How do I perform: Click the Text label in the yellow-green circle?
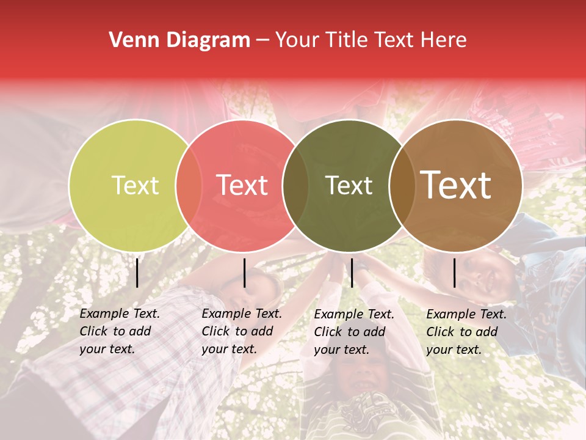pyautogui.click(x=135, y=185)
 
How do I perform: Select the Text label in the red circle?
pyautogui.click(x=242, y=185)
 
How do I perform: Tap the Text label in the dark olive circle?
pyautogui.click(x=349, y=185)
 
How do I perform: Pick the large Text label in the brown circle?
pyautogui.click(x=455, y=185)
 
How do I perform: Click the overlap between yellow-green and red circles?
pyautogui.click(x=189, y=185)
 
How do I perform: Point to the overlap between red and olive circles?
pyautogui.click(x=295, y=185)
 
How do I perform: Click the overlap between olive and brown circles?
pyautogui.click(x=402, y=185)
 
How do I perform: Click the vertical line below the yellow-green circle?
pyautogui.click(x=137, y=273)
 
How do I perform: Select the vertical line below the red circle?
pyautogui.click(x=244, y=273)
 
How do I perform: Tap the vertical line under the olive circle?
pyautogui.click(x=352, y=273)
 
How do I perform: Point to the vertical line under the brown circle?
pyautogui.click(x=454, y=273)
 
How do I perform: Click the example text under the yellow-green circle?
pyautogui.click(x=119, y=331)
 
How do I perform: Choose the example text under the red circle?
pyautogui.click(x=241, y=331)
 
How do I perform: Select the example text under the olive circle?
pyautogui.click(x=353, y=332)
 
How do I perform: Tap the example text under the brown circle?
pyautogui.click(x=466, y=332)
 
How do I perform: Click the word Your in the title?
pyautogui.click(x=297, y=40)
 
